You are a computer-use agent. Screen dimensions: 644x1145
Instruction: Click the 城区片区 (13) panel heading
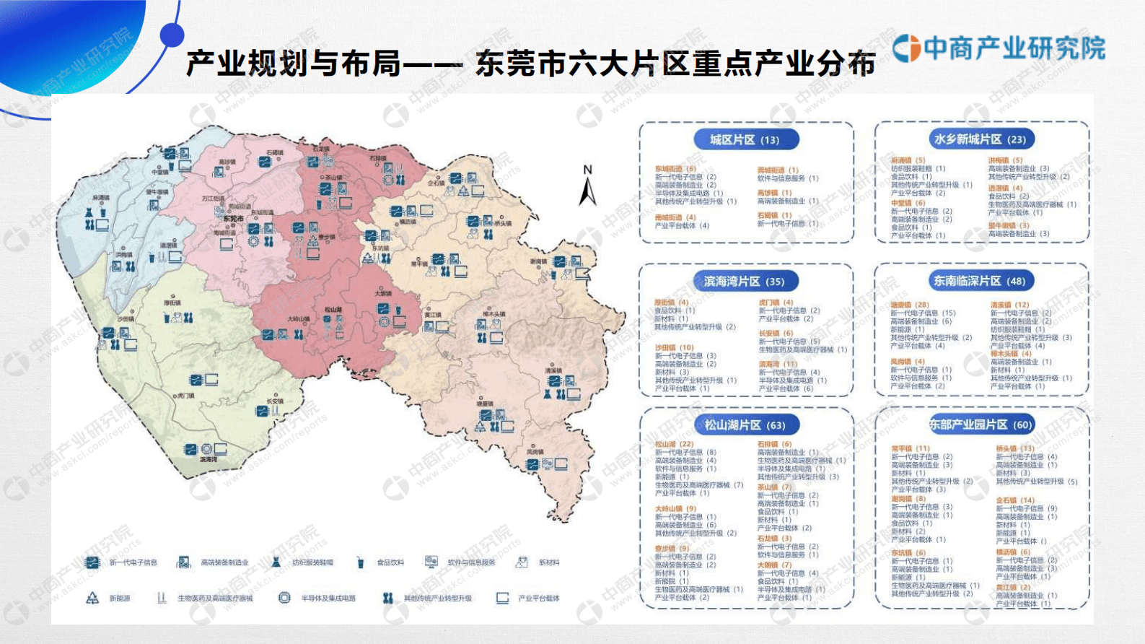point(745,140)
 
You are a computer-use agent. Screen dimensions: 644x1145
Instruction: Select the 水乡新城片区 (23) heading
point(980,139)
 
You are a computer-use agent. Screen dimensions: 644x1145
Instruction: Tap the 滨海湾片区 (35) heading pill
point(744,282)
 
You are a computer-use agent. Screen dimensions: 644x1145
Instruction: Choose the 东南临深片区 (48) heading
point(979,281)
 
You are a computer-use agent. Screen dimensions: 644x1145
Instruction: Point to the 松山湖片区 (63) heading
point(745,425)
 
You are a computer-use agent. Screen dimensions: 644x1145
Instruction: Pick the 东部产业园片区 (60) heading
point(981,425)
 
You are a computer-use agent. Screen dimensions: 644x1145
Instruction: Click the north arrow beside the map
point(588,187)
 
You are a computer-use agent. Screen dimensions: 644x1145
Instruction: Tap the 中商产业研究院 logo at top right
point(999,48)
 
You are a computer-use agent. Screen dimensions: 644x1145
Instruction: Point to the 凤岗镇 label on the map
point(535,452)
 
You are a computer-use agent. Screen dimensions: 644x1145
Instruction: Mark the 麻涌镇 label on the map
point(100,198)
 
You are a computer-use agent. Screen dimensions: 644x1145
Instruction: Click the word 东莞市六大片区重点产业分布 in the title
point(675,64)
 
